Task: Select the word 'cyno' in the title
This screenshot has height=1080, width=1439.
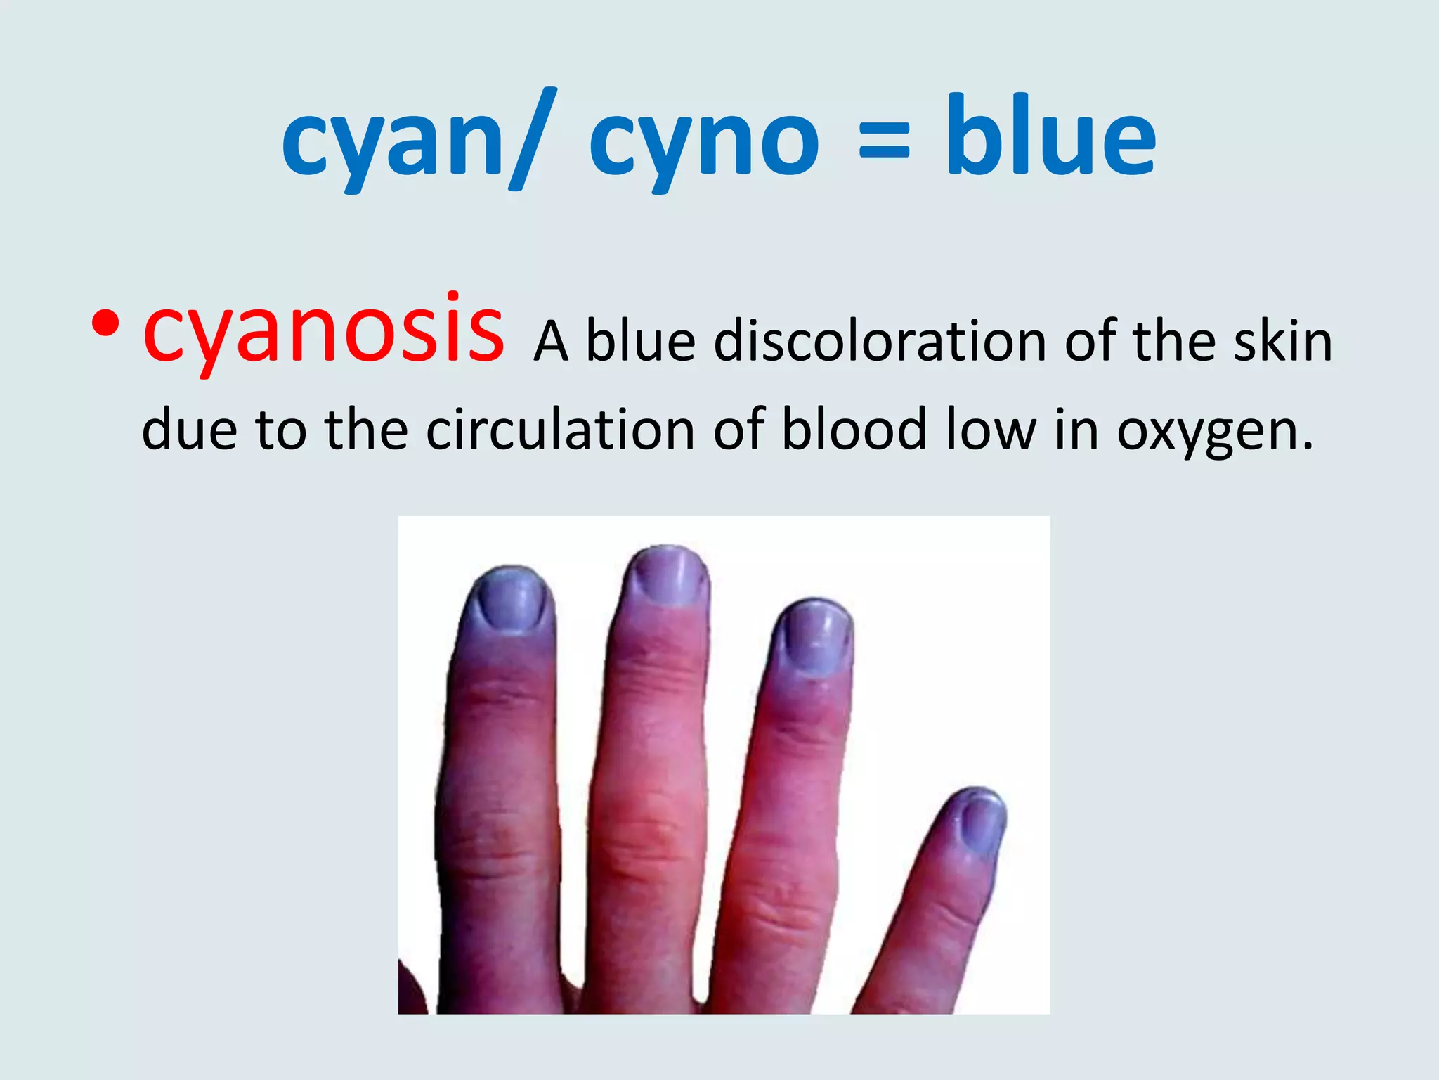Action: pos(703,144)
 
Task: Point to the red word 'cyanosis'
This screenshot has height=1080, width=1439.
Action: pos(323,330)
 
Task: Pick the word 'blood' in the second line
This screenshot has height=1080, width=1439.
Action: pos(854,428)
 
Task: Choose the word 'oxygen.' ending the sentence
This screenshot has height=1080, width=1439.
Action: pos(1215,432)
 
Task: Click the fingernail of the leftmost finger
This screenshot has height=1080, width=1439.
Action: pos(509,600)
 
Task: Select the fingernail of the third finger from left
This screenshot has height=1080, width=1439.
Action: pos(815,640)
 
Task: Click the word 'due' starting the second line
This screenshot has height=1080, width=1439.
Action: pos(189,428)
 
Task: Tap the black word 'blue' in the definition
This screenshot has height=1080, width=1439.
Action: pos(640,342)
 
